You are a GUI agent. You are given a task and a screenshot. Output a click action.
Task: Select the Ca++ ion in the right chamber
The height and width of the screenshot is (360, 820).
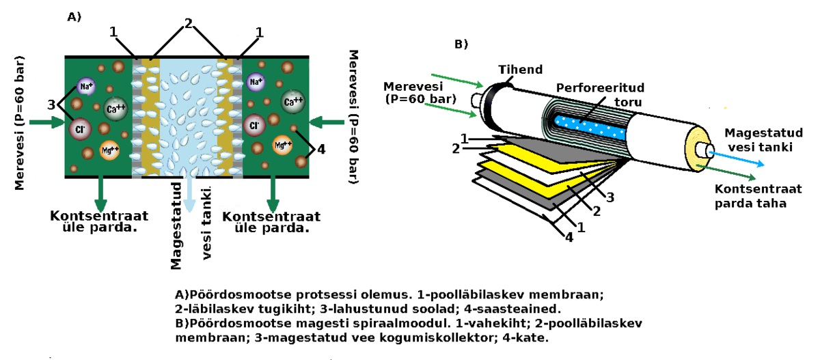tap(293, 102)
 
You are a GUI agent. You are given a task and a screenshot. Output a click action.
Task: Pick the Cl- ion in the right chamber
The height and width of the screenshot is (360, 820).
tap(254, 126)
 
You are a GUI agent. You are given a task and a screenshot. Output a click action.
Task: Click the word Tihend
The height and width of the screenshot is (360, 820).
tap(520, 70)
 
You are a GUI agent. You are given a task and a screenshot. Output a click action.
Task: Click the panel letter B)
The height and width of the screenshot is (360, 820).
tap(461, 44)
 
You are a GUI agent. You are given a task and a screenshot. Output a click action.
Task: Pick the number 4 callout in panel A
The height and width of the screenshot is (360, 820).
tap(322, 148)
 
